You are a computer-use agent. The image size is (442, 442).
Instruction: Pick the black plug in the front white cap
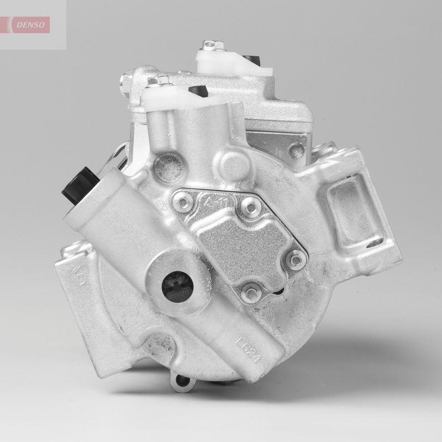[x=197, y=90]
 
